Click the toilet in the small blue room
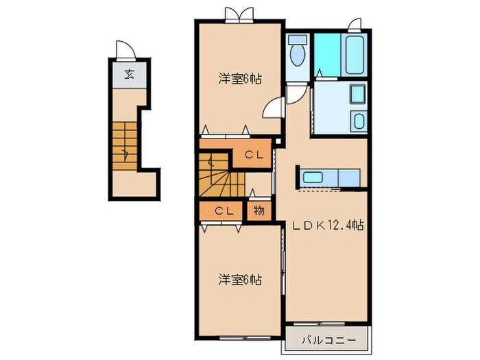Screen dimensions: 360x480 (x=298, y=52)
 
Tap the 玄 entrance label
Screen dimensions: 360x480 (x=128, y=75)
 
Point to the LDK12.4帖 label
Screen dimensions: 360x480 (x=328, y=225)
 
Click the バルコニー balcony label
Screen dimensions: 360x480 (x=328, y=338)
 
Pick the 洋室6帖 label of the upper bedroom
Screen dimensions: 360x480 (x=239, y=79)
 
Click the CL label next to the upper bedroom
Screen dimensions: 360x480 (x=254, y=155)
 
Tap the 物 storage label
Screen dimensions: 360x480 (x=259, y=211)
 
